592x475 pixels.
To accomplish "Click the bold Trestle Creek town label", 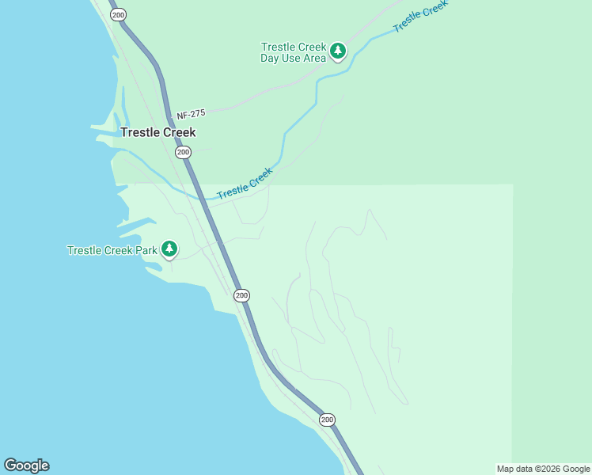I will pos(157,132).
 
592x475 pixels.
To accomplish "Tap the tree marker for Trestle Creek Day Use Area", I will pos(338,51).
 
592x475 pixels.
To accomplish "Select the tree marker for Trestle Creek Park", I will pos(169,249).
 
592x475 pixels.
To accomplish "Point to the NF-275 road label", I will pos(190,114).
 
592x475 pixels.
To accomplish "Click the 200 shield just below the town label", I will pos(183,152).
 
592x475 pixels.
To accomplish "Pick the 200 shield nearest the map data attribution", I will pos(327,419).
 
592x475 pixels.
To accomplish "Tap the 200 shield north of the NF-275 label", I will pos(118,15).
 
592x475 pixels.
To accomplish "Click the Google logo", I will pos(26,465).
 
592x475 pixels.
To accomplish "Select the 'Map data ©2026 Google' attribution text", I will pos(543,469).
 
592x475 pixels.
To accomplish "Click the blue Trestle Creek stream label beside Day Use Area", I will pos(420,15).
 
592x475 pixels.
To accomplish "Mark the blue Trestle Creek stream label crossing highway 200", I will pos(245,183).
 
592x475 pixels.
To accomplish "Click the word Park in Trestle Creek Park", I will pos(146,250).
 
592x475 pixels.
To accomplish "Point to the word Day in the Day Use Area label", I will pos(271,58).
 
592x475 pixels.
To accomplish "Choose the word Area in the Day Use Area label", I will pos(313,58).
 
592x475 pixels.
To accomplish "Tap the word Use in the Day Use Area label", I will pos(291,58).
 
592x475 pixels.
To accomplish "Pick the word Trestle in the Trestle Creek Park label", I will pos(84,250).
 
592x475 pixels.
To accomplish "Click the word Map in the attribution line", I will pos(506,469).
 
